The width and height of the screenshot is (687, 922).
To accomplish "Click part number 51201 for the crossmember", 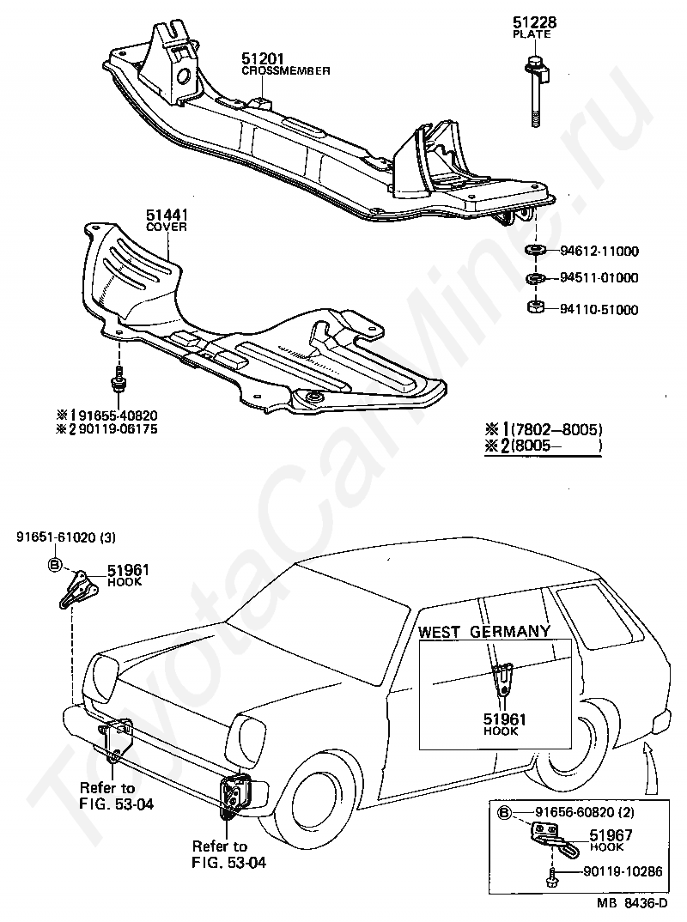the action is click(x=262, y=58).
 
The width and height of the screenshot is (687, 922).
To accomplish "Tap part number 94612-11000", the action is click(x=599, y=251).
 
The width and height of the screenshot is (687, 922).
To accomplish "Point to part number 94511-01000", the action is click(x=599, y=277).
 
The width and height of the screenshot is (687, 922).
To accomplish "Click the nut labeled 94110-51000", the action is click(x=535, y=307).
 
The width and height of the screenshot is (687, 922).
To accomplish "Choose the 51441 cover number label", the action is click(x=167, y=215).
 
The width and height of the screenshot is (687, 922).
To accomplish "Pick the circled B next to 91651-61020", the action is click(x=54, y=565).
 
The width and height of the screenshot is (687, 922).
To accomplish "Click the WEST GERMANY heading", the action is click(x=484, y=632).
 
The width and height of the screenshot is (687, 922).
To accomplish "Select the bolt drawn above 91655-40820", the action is click(x=119, y=379).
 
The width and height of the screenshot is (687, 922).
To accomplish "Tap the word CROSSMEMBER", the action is click(x=286, y=71).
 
